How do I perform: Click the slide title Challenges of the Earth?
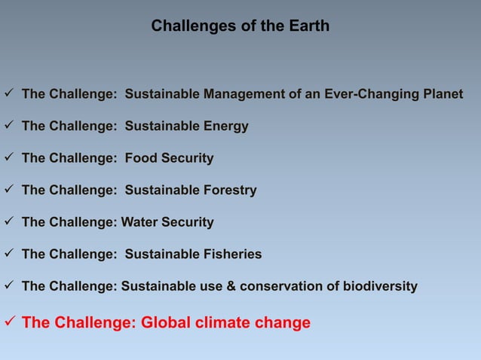(x=240, y=26)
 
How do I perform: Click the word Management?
(x=241, y=95)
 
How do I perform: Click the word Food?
(x=141, y=158)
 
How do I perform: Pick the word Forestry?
(x=229, y=191)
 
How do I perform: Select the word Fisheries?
(x=232, y=255)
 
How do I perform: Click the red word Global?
(x=168, y=323)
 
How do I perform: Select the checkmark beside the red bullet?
(x=9, y=322)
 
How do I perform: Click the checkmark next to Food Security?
(x=8, y=158)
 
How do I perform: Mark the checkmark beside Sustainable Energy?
(x=8, y=127)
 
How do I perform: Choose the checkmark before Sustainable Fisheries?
(x=8, y=255)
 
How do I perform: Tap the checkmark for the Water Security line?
(x=8, y=222)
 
